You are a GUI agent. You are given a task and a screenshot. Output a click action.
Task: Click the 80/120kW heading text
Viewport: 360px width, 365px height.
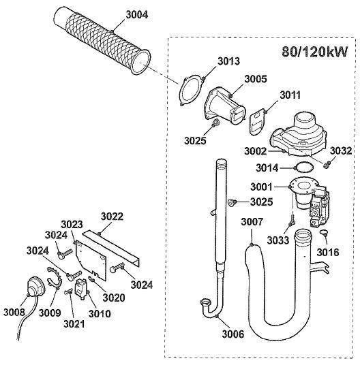pos(314,52)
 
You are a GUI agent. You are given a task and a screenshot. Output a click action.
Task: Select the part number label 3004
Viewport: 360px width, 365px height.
pos(137,15)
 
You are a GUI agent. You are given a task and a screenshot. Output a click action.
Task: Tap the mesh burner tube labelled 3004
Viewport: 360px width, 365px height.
pos(102,40)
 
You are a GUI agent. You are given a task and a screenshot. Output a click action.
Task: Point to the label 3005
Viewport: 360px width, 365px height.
pos(256,79)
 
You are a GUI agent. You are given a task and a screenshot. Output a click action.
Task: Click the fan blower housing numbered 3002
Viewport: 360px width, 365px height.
pos(297,133)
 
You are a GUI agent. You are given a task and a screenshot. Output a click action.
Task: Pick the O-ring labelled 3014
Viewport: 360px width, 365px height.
pos(304,168)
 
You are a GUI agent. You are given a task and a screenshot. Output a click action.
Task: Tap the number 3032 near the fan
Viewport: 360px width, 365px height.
pos(341,151)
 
